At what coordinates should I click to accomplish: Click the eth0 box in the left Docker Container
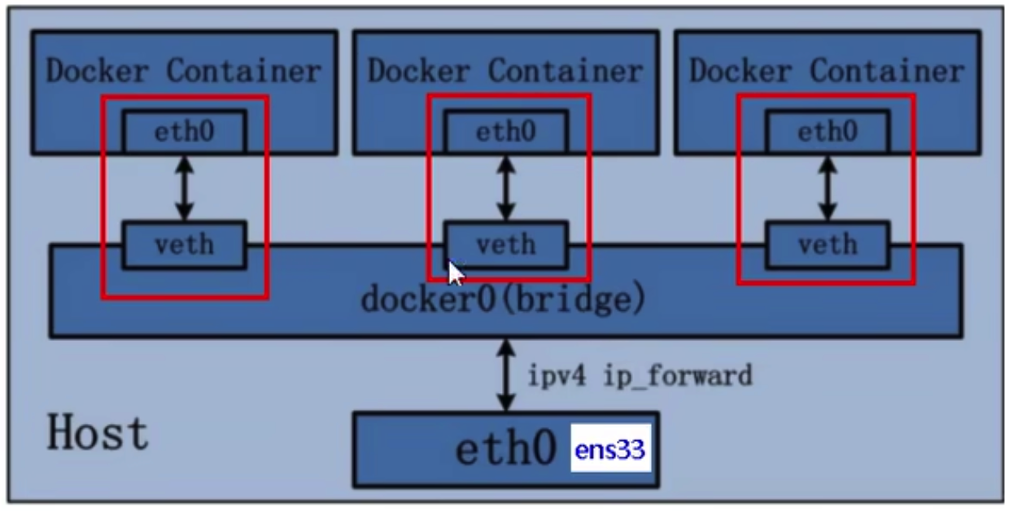pos(184,131)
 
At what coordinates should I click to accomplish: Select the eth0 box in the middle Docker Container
pos(505,131)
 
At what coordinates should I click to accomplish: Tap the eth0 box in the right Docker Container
pos(827,131)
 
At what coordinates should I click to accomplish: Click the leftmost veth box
pos(184,243)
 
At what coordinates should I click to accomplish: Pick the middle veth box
pos(505,243)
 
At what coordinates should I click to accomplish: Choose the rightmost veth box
pos(827,243)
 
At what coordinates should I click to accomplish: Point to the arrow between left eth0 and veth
pos(185,186)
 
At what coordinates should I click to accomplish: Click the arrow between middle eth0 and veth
pos(506,186)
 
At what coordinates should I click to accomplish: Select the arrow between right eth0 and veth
pos(828,186)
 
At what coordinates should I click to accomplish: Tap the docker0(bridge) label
pos(504,299)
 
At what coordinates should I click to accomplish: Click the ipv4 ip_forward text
pos(640,376)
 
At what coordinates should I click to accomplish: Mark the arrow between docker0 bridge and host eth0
pos(506,375)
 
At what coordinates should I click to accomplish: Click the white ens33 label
pos(610,449)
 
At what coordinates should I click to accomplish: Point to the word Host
pos(98,432)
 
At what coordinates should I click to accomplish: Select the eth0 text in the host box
pos(505,449)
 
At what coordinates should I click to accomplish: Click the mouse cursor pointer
pos(455,273)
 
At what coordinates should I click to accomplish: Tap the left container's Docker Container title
pos(183,71)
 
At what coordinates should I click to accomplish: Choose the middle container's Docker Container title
pos(504,71)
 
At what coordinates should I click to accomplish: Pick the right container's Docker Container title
pos(826,71)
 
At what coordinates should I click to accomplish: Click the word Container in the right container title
pos(886,71)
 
